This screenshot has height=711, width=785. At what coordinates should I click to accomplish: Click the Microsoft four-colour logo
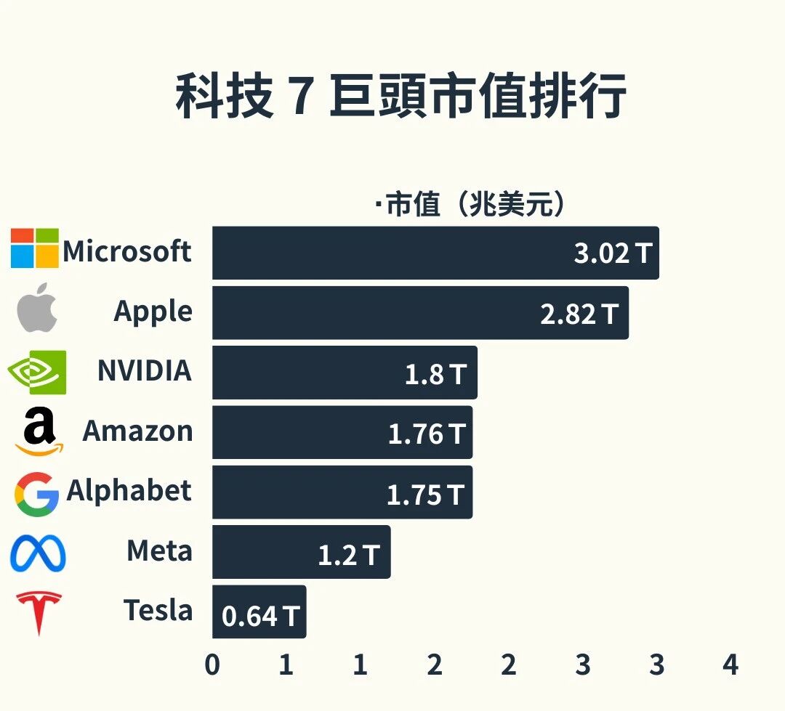(34, 248)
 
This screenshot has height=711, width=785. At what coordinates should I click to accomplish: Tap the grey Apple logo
(37, 307)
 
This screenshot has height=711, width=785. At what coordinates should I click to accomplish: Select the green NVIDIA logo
(37, 372)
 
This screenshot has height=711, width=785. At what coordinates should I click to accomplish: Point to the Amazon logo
(39, 432)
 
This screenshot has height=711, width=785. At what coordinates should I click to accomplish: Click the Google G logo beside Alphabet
(36, 493)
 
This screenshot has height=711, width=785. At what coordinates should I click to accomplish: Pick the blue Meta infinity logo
(38, 553)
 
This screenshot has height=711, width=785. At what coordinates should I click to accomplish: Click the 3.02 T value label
(613, 253)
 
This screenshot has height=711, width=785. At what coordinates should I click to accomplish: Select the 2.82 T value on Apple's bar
(579, 314)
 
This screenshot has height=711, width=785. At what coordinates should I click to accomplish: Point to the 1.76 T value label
(426, 434)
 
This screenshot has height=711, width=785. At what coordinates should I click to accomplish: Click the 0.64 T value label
(259, 616)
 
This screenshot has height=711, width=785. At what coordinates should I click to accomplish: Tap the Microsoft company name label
(127, 251)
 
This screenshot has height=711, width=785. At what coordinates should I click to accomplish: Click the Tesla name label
(158, 610)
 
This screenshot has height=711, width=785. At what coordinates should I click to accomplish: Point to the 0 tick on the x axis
(212, 665)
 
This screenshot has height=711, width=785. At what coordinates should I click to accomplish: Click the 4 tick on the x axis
(730, 665)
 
